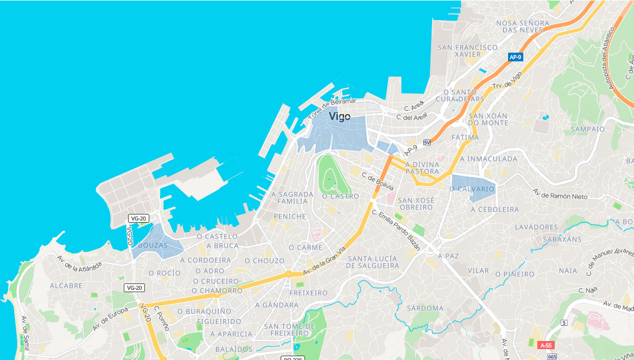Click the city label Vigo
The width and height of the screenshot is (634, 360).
click(x=339, y=116)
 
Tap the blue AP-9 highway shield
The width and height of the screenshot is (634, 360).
click(x=515, y=56)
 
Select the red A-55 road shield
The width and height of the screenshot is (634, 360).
click(x=546, y=345)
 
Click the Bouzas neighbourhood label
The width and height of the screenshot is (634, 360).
click(x=153, y=245)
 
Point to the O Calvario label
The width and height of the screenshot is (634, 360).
click(x=472, y=189)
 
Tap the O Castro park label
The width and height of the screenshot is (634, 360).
click(x=340, y=196)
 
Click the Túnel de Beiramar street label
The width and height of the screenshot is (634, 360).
click(x=332, y=109)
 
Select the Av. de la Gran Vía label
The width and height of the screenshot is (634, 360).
click(x=324, y=261)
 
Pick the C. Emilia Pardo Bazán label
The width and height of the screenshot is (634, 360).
click(x=396, y=230)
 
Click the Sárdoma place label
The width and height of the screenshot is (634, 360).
click(x=424, y=308)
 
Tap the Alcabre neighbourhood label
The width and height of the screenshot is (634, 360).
click(x=66, y=286)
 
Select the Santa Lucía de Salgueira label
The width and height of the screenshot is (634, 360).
click(x=372, y=262)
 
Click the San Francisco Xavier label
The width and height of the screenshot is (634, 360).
click(x=467, y=50)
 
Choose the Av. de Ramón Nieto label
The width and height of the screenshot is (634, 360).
click(x=560, y=194)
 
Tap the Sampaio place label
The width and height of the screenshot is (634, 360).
click(x=587, y=129)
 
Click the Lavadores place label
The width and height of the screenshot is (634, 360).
click(x=536, y=227)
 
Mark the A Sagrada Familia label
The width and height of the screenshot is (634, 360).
click(x=292, y=198)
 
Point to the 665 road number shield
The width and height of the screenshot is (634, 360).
click(x=552, y=357)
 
